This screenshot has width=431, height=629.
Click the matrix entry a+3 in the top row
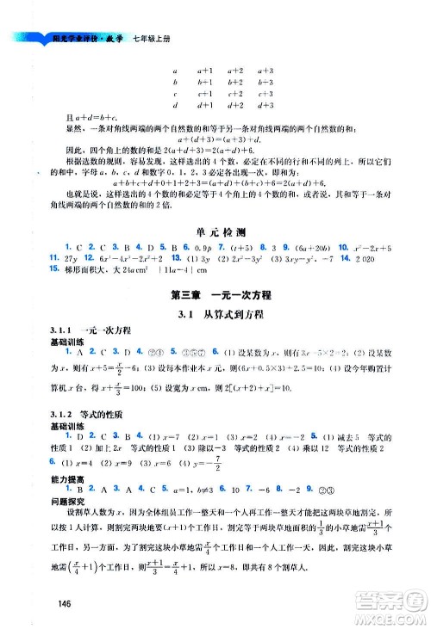coord(265,69)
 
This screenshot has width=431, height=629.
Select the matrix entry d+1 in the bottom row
coord(205,106)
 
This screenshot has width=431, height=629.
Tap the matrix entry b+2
coord(235,81)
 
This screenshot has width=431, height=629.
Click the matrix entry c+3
coord(265,94)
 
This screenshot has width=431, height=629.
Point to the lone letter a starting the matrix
coord(175,69)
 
